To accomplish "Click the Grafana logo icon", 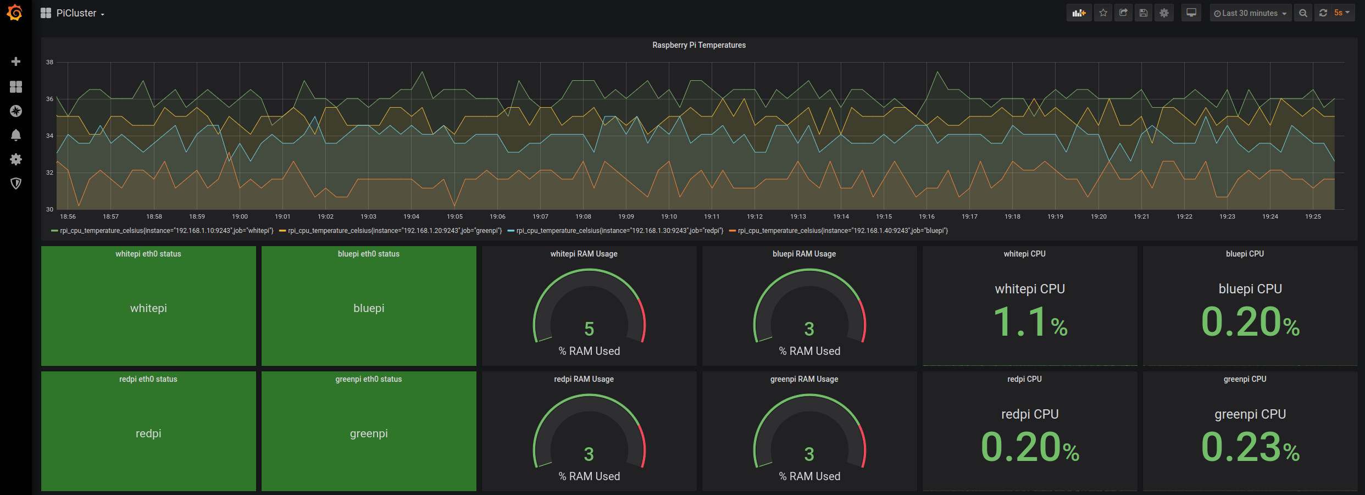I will [15, 13].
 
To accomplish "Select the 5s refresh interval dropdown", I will [1341, 13].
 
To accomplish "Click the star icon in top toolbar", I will [1103, 13].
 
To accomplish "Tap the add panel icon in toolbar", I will [1079, 13].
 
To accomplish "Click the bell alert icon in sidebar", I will [16, 135].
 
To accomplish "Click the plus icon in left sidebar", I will [16, 62].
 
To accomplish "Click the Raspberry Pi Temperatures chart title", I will [698, 45].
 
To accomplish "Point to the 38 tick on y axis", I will [50, 62].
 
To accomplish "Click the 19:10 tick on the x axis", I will [669, 216].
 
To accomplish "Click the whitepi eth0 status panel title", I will [148, 254].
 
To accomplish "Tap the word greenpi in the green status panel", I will [369, 433].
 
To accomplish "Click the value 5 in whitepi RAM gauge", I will [589, 329].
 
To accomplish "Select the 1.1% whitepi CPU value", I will [1030, 322].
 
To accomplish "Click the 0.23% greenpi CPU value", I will [1250, 448].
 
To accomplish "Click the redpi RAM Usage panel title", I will [584, 379].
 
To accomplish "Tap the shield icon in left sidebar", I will [16, 183].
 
